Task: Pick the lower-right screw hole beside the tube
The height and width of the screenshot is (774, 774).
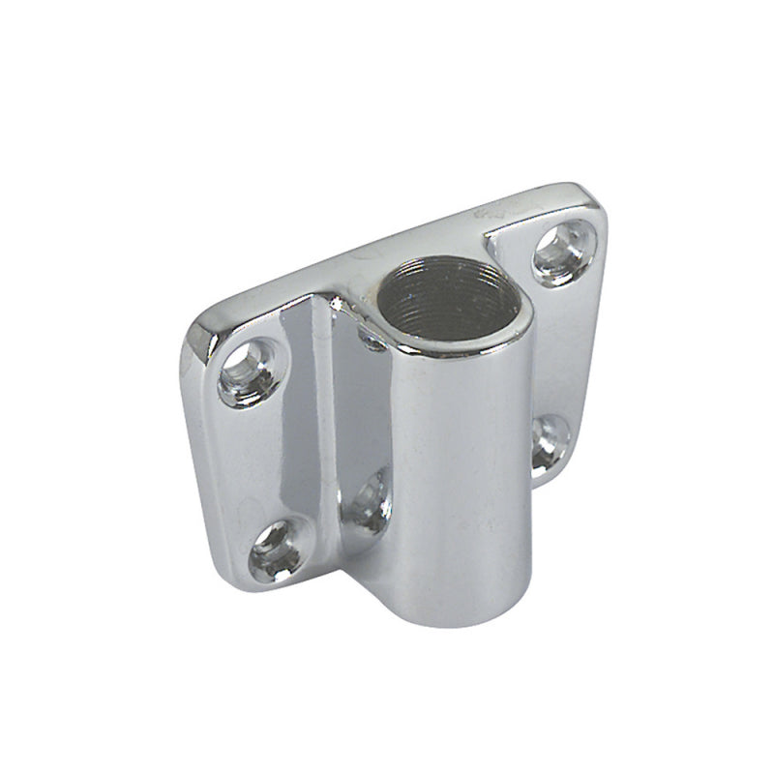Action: (550, 440)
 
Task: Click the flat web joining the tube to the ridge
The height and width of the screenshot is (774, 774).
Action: (363, 426)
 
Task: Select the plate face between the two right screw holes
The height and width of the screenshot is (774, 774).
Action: (561, 348)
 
